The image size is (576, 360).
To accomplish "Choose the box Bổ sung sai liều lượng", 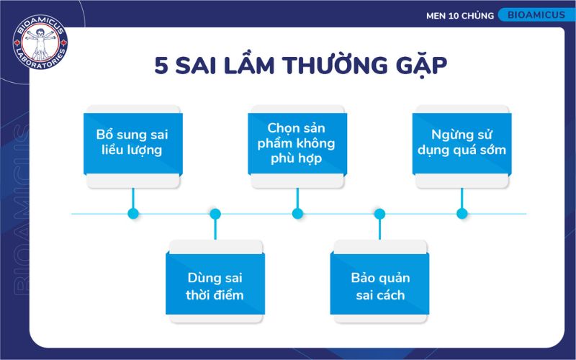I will (x=132, y=143).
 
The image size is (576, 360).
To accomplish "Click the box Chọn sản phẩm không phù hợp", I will (x=297, y=143).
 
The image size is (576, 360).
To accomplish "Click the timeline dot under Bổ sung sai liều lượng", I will (x=132, y=214).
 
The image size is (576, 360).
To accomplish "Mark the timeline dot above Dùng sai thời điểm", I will (x=215, y=214).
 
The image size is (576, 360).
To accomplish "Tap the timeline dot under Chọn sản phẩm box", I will (x=297, y=214).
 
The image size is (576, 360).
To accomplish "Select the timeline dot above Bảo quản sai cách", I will (x=379, y=214).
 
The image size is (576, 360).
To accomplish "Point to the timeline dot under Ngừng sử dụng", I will (x=462, y=214).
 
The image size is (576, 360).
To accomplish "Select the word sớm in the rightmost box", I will (x=492, y=150).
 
